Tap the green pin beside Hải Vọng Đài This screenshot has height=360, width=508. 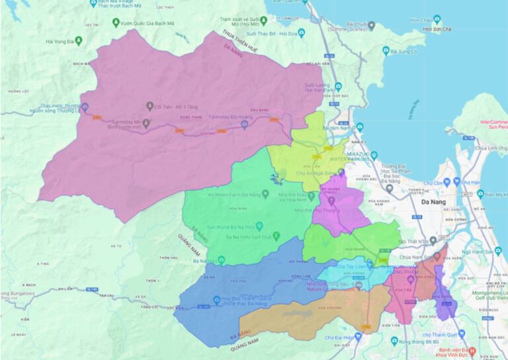78,41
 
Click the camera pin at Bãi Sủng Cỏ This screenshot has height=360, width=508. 385,51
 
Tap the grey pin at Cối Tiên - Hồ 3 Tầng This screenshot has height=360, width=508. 149,106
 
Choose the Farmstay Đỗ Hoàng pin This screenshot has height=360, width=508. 244,126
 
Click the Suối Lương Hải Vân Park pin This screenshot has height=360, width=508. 337,86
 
